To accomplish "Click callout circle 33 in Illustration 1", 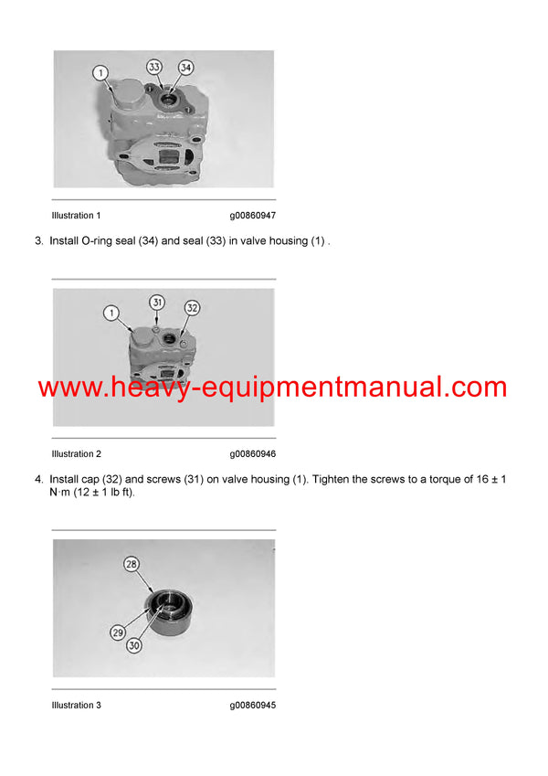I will coord(154,67).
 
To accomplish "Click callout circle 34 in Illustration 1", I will coord(185,67).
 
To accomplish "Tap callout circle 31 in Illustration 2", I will coord(156,303).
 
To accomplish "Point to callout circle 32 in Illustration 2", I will coord(192,308).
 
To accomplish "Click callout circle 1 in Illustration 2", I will coord(111,314).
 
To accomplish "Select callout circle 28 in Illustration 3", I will coord(132,565).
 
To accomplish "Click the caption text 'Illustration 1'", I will coord(76,216).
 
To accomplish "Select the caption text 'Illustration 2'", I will coord(76,453).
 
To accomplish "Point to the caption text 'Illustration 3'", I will coord(76,705).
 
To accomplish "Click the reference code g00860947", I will coord(252,216).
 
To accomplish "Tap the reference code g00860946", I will coord(252,453).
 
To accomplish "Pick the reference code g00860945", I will coord(252,705).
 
